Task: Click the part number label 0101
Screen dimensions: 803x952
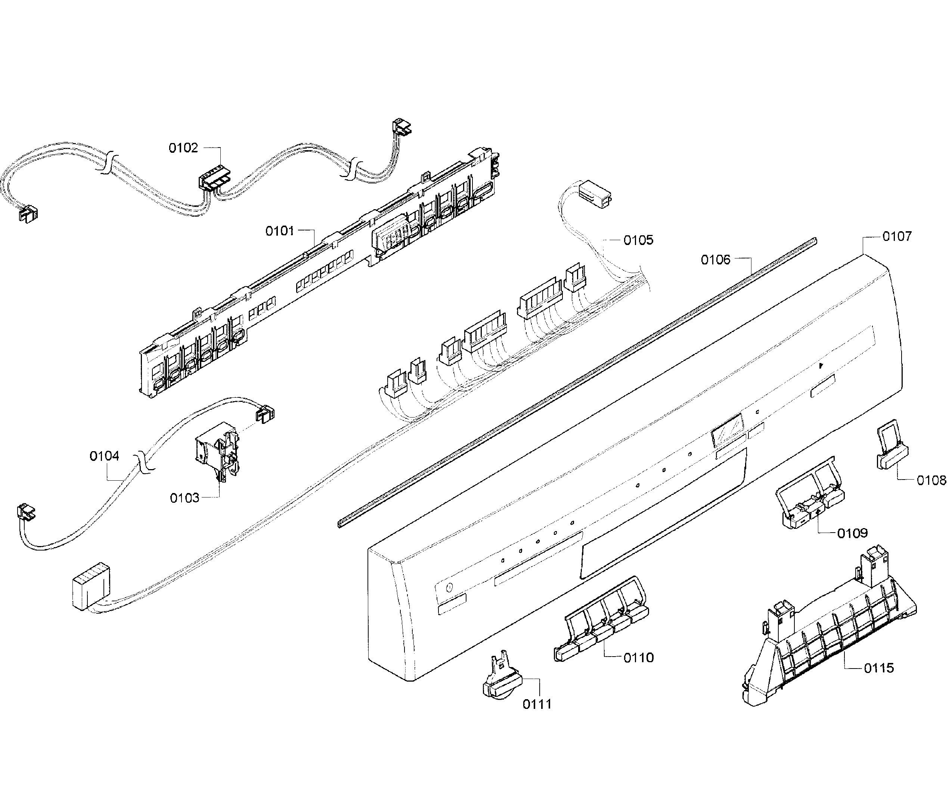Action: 279,231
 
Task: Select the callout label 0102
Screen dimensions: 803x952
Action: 183,148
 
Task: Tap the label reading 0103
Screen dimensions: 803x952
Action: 184,498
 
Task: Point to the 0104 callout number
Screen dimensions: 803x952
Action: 104,456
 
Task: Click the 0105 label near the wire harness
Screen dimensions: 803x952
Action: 638,241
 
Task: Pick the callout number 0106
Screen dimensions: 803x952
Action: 715,260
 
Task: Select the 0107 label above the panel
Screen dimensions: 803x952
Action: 897,236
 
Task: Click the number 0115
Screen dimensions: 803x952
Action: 879,668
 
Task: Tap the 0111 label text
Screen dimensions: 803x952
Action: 537,704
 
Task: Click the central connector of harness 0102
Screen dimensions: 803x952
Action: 214,179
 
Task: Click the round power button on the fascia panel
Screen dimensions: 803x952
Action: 449,587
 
